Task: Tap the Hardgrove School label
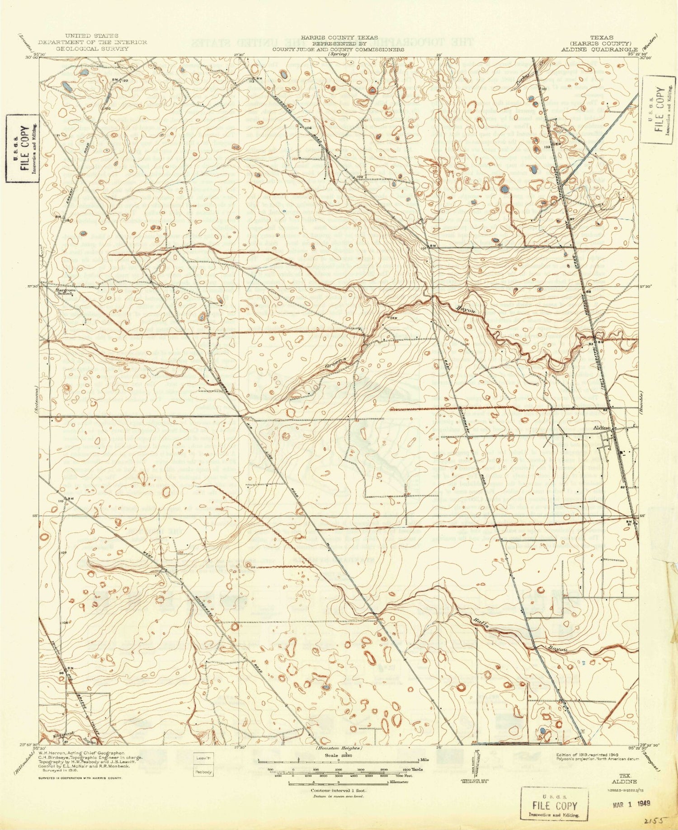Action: (64, 291)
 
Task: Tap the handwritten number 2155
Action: (654, 819)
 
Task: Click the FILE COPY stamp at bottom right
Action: (554, 805)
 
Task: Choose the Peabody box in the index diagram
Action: (203, 772)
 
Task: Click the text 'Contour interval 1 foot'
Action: (338, 791)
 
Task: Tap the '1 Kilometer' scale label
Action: (398, 782)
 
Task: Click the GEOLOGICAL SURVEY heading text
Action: (92, 48)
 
